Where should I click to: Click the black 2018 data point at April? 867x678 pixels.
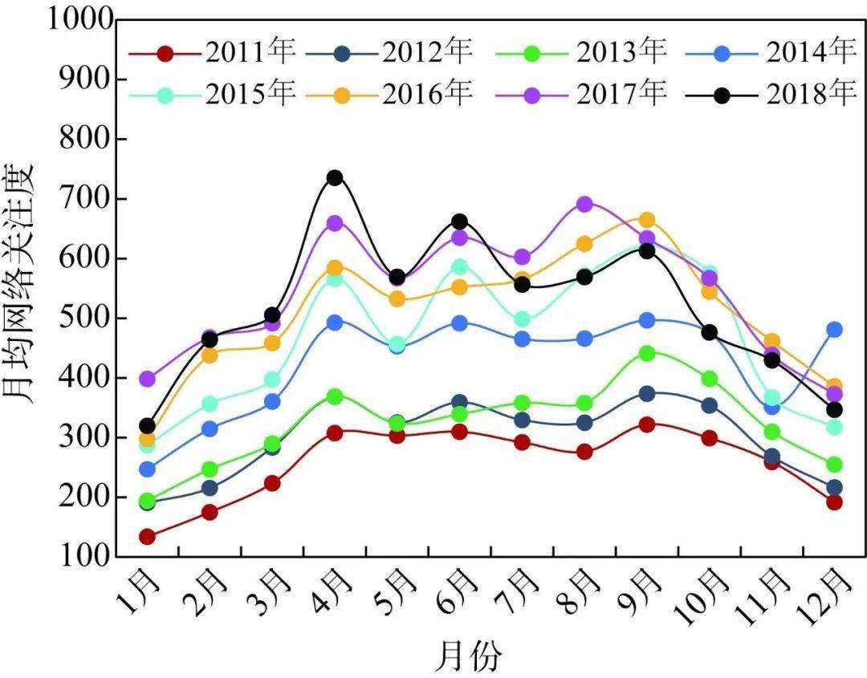click(x=335, y=177)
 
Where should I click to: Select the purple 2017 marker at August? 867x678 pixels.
click(x=584, y=204)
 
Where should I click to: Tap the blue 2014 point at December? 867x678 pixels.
click(x=834, y=329)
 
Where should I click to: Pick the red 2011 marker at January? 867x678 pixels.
click(x=147, y=536)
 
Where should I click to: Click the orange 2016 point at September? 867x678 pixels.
click(x=647, y=220)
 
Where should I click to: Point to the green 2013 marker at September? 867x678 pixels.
click(x=647, y=353)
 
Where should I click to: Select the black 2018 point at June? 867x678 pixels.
click(x=459, y=221)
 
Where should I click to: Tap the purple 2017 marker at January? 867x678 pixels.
click(x=147, y=378)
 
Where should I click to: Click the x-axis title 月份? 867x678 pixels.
click(x=468, y=656)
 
